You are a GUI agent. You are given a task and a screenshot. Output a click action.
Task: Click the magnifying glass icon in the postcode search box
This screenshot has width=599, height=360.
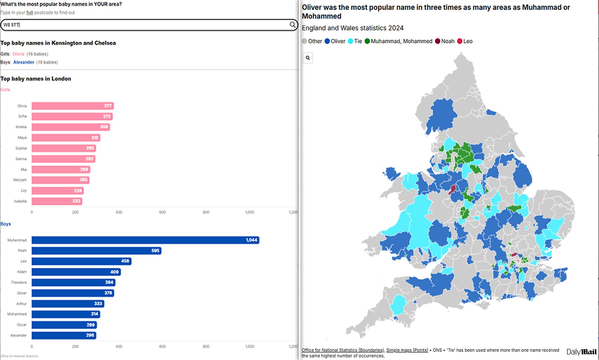pyautogui.click(x=292, y=25)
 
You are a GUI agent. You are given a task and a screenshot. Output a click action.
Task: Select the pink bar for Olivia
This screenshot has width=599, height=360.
pyautogui.click(x=72, y=106)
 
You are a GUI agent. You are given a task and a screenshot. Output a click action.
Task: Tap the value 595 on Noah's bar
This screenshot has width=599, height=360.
pyautogui.click(x=155, y=251)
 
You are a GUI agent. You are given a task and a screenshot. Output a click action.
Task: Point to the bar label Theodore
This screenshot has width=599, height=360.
pyautogui.click(x=19, y=282)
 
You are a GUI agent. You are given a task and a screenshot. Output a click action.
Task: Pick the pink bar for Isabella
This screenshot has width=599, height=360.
pyautogui.click(x=57, y=201)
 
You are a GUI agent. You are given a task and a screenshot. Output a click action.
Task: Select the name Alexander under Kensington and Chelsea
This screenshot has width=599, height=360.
pyautogui.click(x=24, y=62)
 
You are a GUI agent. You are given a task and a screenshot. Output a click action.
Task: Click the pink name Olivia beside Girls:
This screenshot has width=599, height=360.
pyautogui.click(x=18, y=54)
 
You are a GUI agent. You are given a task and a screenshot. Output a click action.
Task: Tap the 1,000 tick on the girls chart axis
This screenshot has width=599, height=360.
pyautogui.click(x=250, y=212)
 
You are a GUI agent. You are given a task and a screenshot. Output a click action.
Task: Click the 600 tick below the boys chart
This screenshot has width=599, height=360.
pyautogui.click(x=162, y=346)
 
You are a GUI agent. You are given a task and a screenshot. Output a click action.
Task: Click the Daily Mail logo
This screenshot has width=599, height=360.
pyautogui.click(x=581, y=352)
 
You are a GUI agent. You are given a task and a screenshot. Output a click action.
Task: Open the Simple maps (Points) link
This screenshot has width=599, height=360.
pyautogui.click(x=407, y=350)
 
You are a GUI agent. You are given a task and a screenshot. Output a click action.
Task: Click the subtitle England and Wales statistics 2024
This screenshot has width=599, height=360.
pyautogui.click(x=353, y=28)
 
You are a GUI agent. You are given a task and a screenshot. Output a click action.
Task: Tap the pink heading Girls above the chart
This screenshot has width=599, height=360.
pyautogui.click(x=5, y=90)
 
